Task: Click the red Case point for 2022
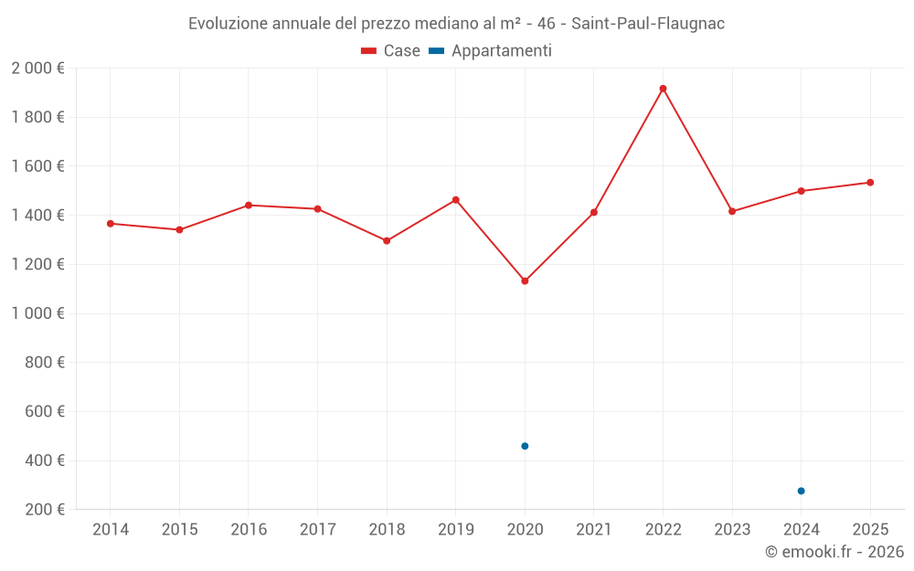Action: pyautogui.click(x=663, y=89)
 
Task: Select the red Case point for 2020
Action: pyautogui.click(x=525, y=280)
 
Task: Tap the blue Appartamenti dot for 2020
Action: pyautogui.click(x=525, y=446)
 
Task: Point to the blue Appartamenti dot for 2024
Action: pyautogui.click(x=801, y=491)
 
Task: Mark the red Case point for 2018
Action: pyautogui.click(x=387, y=240)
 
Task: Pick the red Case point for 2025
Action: pyautogui.click(x=870, y=183)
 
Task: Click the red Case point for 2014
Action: pyautogui.click(x=111, y=224)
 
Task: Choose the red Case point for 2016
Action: pyautogui.click(x=249, y=206)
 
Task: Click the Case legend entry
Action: pyautogui.click(x=390, y=51)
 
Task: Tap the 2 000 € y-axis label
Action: pyautogui.click(x=37, y=69)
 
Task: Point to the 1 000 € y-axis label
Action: pyautogui.click(x=37, y=313)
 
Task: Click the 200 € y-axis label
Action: pyautogui.click(x=43, y=510)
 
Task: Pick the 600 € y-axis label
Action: pyautogui.click(x=43, y=411)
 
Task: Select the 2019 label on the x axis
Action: pyautogui.click(x=455, y=530)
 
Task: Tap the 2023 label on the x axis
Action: pyautogui.click(x=731, y=530)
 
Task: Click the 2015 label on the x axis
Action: pyautogui.click(x=179, y=530)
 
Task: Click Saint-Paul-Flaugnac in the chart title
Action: pyautogui.click(x=648, y=24)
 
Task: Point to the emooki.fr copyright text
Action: pyautogui.click(x=834, y=552)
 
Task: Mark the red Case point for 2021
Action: pyautogui.click(x=593, y=212)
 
